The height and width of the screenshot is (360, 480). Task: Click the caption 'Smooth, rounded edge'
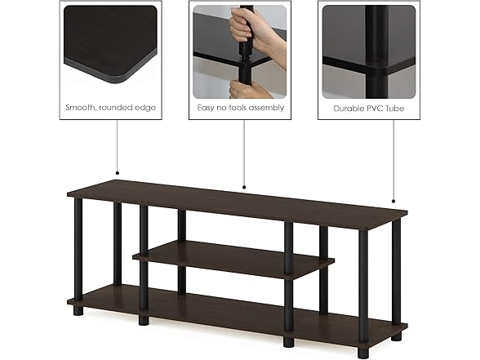[110, 108]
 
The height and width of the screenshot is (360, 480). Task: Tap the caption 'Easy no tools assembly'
[240, 108]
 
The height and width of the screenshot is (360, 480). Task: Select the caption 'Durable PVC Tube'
[369, 108]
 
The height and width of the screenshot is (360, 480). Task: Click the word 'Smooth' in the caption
[85, 108]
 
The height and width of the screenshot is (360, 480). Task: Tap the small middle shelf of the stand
[233, 259]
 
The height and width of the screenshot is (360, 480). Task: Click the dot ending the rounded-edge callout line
[117, 174]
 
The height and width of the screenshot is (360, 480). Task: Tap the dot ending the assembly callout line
[244, 187]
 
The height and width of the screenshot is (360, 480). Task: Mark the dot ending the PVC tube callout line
[394, 201]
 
